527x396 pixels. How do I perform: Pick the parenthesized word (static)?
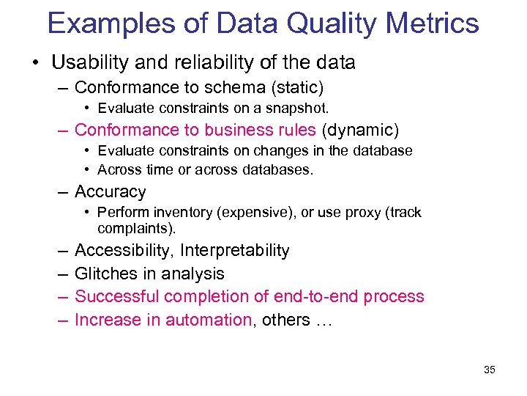[297, 88]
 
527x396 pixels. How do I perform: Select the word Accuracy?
[111, 192]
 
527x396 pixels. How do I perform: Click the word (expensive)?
[259, 213]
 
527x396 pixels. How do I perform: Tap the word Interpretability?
[235, 251]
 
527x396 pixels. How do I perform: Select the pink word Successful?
[117, 296]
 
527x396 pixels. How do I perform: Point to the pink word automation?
[209, 320]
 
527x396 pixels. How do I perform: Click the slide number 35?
[490, 370]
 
